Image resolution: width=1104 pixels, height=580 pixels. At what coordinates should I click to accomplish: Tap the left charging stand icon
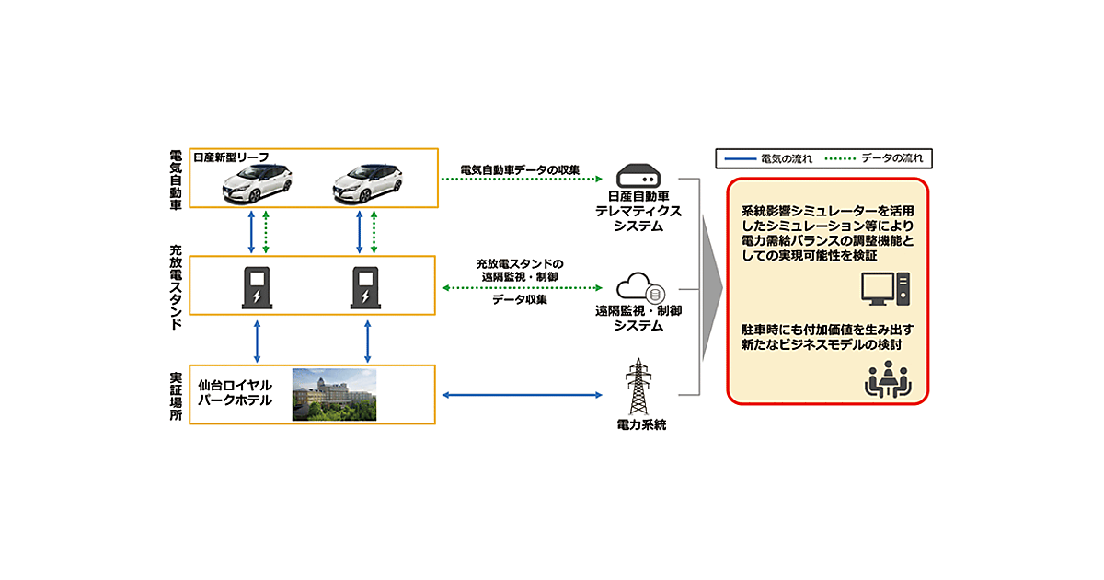pyautogui.click(x=257, y=286)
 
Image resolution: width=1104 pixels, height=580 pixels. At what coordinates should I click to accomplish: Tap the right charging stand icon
pyautogui.click(x=366, y=286)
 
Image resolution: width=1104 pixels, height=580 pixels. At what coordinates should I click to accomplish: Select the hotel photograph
pyautogui.click(x=334, y=395)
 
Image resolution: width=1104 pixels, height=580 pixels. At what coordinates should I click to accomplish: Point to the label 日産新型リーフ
pyautogui.click(x=230, y=157)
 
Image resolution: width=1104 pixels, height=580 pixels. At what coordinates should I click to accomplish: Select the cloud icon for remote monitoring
pyautogui.click(x=638, y=289)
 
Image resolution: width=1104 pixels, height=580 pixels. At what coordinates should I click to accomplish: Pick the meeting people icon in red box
pyautogui.click(x=885, y=379)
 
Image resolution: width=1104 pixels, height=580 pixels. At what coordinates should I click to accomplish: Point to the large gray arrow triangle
pyautogui.click(x=709, y=287)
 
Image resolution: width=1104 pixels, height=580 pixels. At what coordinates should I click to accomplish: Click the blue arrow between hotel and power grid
pyautogui.click(x=521, y=395)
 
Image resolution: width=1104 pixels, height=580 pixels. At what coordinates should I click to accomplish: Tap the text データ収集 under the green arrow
pyautogui.click(x=521, y=300)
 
